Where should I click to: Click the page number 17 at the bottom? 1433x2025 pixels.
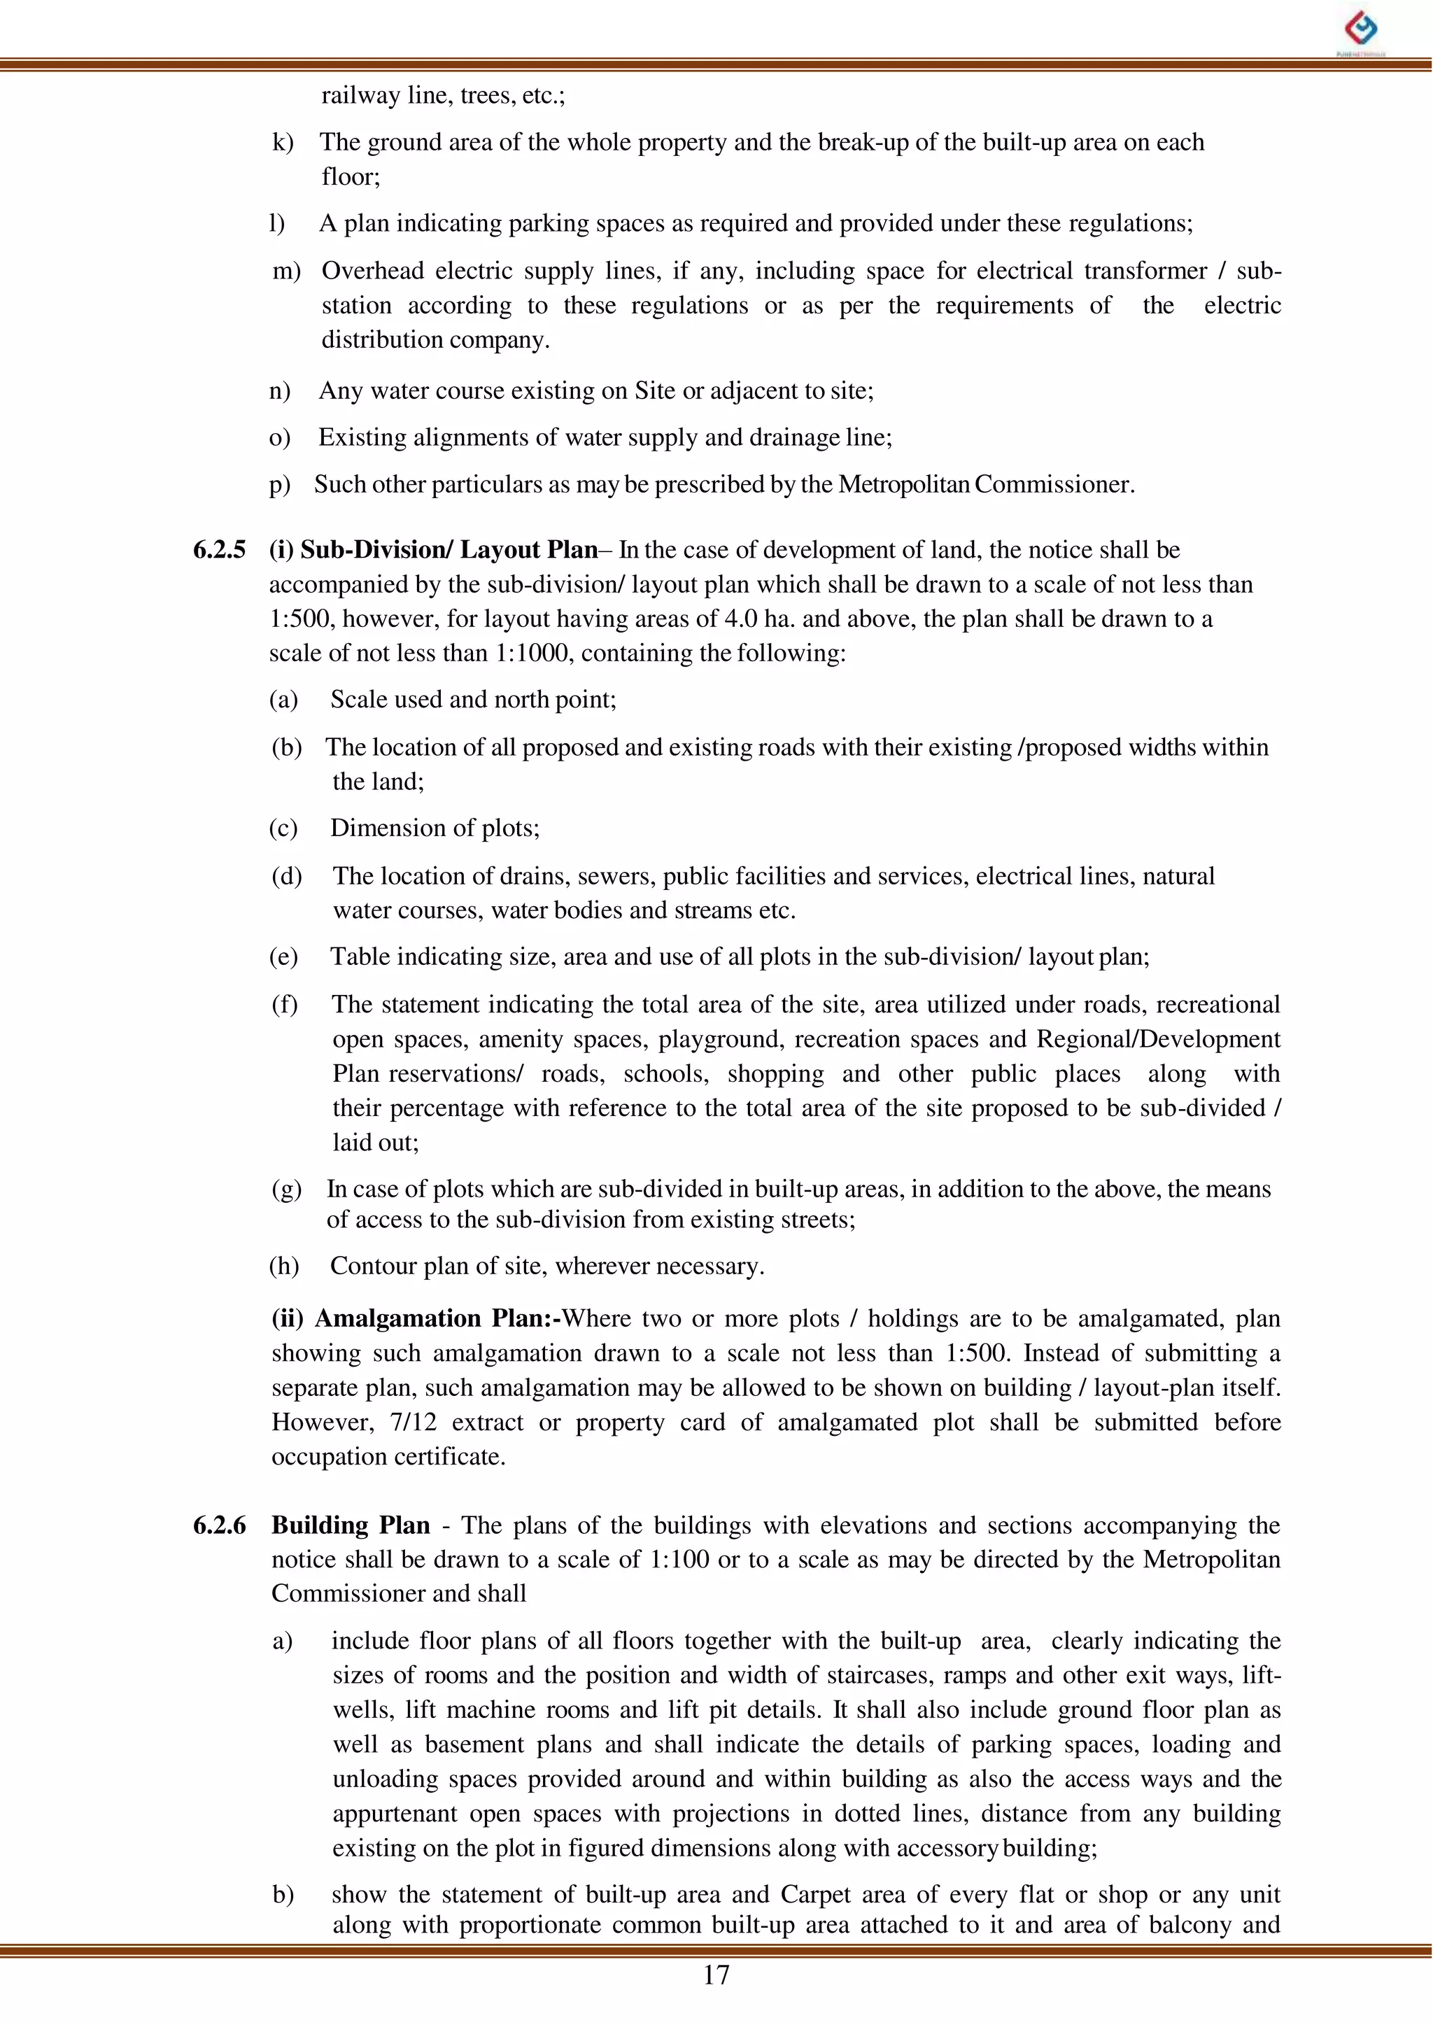point(716,1975)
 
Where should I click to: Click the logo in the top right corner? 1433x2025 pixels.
point(1361,30)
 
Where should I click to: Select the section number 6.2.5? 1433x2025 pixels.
point(219,550)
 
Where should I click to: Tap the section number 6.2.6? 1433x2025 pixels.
point(219,1525)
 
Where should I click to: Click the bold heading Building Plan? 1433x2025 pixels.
point(351,1525)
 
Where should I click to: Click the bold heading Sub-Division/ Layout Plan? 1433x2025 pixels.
point(449,550)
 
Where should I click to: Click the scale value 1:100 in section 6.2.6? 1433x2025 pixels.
point(679,1559)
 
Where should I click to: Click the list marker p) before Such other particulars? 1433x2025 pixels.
point(279,484)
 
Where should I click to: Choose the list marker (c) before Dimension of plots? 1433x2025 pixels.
point(283,828)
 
